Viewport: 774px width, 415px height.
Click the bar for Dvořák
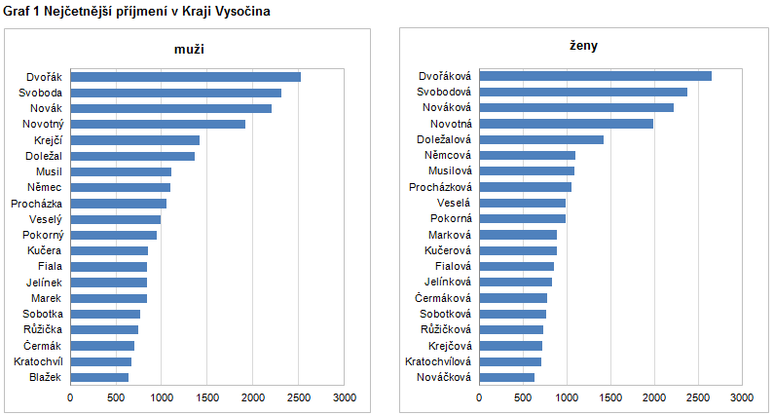click(x=185, y=77)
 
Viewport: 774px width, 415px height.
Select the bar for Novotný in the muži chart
click(x=158, y=124)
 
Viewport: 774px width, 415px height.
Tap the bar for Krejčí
click(x=134, y=140)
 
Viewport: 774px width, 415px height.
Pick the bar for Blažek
click(x=99, y=377)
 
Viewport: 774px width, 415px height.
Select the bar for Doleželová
click(x=541, y=139)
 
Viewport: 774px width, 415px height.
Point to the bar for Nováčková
click(x=506, y=377)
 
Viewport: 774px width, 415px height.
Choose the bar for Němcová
click(x=527, y=155)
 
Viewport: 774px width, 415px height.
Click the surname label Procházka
click(x=37, y=204)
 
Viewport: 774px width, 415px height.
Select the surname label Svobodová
click(x=444, y=92)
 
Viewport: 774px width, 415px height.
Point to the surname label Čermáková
click(x=443, y=298)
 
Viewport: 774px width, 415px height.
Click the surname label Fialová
click(x=451, y=266)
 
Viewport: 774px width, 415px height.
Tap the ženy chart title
click(x=583, y=46)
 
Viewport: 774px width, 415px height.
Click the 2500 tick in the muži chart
click(x=298, y=397)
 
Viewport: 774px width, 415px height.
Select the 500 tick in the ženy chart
click(x=523, y=397)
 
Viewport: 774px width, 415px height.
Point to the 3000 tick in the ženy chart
click(x=741, y=397)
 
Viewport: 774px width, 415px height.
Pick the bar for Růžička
click(x=104, y=329)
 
